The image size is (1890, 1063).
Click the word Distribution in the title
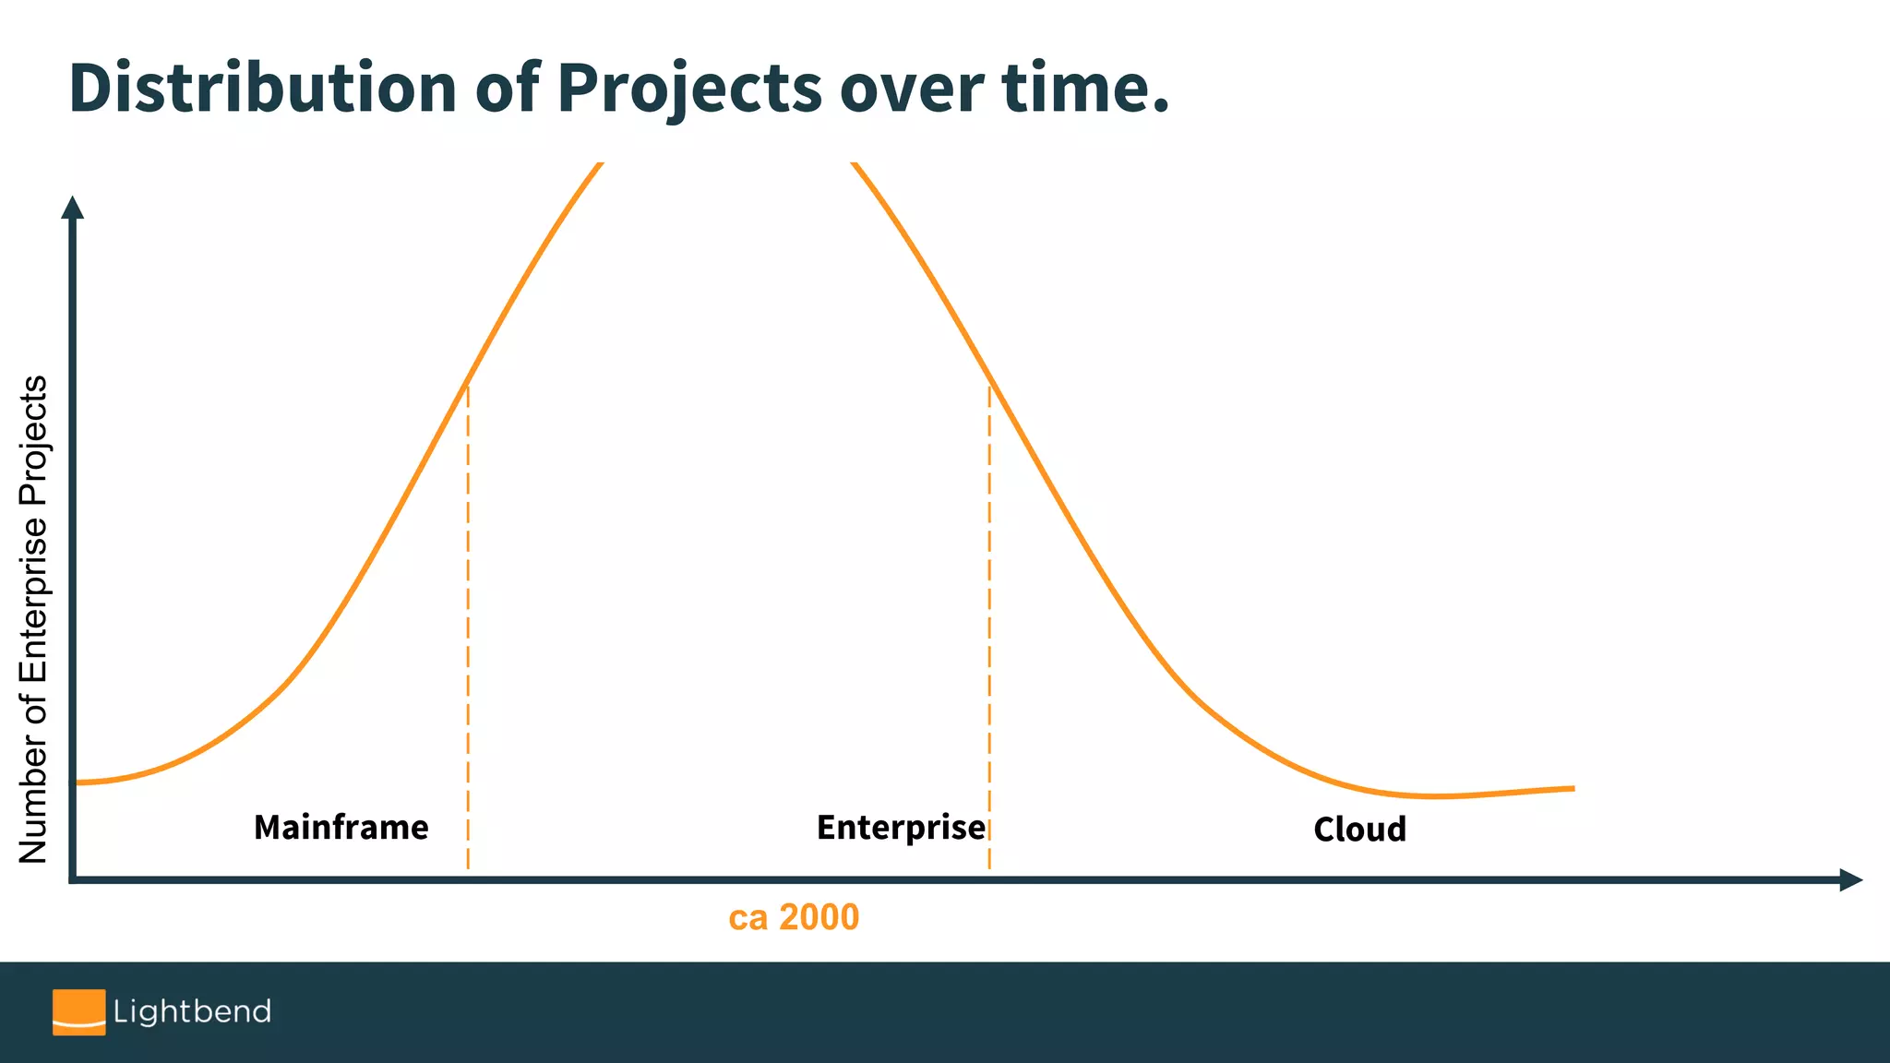[262, 89]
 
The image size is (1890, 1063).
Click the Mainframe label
[341, 828]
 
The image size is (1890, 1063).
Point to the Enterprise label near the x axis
[901, 828]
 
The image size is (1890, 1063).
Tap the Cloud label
[1359, 830]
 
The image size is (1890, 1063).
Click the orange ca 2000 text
[794, 917]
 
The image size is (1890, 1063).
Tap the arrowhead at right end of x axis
[1851, 880]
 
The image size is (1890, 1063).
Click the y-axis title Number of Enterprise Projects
[33, 618]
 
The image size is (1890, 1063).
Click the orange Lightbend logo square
[78, 1012]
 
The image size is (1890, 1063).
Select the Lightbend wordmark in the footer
[192, 1012]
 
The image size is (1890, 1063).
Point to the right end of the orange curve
[1572, 789]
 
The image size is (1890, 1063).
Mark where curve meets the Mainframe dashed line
[468, 383]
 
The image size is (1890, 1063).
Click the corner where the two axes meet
[72, 880]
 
